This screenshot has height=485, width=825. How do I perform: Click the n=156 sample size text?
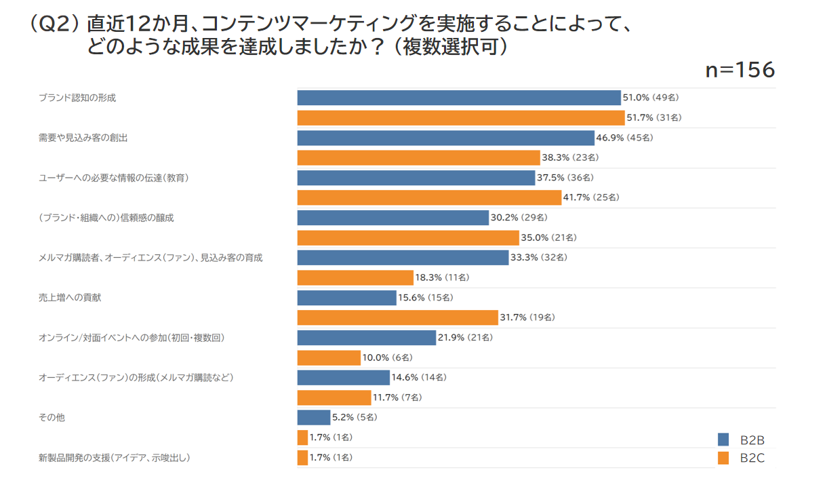tap(740, 71)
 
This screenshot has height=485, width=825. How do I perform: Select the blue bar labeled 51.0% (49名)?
tap(459, 98)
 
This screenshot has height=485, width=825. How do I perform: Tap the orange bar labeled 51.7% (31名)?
tap(460, 117)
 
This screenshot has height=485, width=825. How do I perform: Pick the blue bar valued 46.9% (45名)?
tap(445, 138)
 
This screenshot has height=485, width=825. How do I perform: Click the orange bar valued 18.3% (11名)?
tap(355, 277)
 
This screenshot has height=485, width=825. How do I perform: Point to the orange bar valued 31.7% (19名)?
tap(397, 317)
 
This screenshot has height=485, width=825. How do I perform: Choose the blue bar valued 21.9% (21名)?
tap(366, 337)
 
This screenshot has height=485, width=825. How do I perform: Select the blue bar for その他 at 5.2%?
tap(313, 417)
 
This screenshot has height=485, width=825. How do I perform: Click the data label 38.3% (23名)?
tap(570, 157)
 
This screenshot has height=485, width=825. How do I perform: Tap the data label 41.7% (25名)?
tap(590, 197)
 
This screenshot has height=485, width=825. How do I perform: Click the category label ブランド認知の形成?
tap(77, 98)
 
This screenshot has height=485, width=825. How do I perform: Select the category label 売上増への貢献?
tap(70, 297)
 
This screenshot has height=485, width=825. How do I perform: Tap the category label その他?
tap(52, 417)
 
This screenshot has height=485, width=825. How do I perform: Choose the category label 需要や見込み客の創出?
tap(83, 138)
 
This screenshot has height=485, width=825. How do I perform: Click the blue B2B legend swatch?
tap(723, 440)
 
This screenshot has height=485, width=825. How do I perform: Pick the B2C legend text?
tap(752, 458)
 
